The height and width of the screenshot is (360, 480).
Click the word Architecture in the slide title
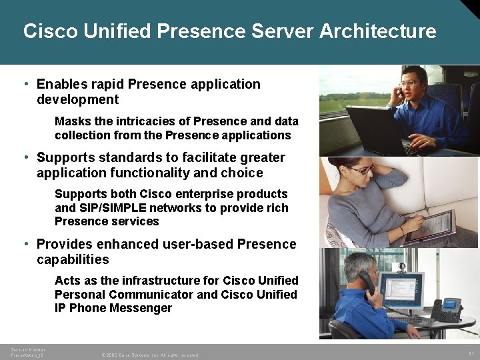378,31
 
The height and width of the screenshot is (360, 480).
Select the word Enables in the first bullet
59,84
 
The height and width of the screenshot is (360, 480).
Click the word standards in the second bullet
122,157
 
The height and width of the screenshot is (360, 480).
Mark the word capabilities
73,259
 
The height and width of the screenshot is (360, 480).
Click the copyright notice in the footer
149,355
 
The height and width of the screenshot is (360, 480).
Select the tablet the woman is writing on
427,227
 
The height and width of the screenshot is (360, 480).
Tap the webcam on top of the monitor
401,267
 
